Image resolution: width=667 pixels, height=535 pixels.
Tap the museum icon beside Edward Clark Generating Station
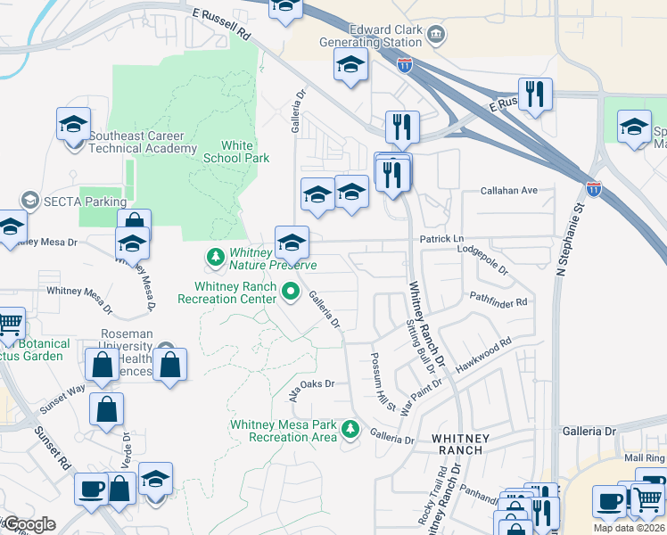coord(436,36)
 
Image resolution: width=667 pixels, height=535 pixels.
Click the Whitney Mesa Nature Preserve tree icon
coord(215,259)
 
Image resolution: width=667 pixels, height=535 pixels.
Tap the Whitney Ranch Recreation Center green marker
coord(290,292)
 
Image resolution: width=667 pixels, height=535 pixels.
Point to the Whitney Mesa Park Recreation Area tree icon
coord(351,431)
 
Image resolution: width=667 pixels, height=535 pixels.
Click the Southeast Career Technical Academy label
coord(142,143)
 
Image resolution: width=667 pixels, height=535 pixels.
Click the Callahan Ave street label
coord(509,191)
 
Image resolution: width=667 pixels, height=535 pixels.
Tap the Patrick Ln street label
coord(442,240)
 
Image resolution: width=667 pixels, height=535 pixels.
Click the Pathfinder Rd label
coord(498,296)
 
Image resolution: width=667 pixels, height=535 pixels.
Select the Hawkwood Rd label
coord(483,355)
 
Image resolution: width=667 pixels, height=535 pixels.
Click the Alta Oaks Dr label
coord(311,386)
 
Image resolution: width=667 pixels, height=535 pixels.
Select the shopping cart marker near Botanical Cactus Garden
coord(9,324)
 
